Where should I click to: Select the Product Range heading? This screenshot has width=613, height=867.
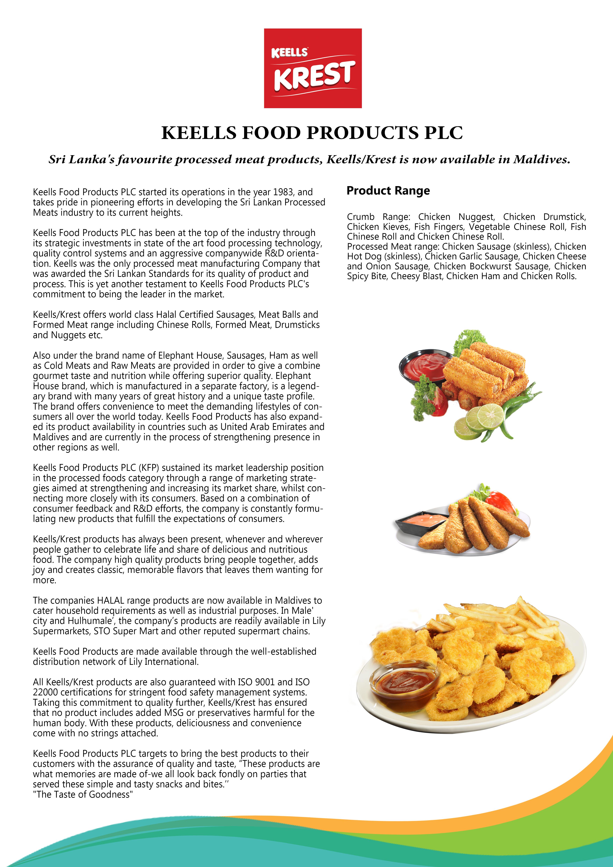pos(388,191)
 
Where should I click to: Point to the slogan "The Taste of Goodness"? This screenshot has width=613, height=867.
pos(83,794)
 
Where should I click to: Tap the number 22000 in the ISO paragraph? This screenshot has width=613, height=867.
pos(45,692)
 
